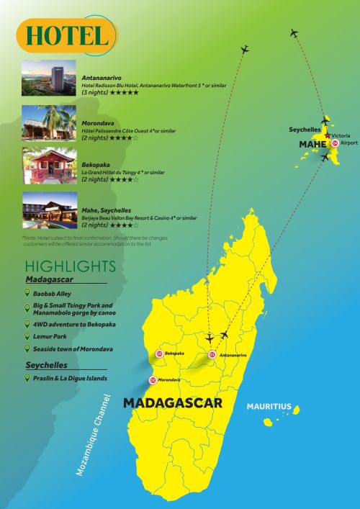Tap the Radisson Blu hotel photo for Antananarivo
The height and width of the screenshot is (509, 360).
point(49,80)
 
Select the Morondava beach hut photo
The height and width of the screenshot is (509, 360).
point(49,122)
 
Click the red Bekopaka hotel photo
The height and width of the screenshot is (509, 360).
point(49,165)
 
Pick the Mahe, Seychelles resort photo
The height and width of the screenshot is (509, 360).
point(49,210)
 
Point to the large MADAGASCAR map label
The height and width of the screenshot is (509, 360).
point(173,403)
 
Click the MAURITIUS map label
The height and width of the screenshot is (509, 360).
point(269,407)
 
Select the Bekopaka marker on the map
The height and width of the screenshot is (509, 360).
point(159,354)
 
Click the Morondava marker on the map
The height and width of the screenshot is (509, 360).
point(153,379)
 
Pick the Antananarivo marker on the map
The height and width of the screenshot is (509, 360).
point(212,355)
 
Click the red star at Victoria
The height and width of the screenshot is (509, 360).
point(328,135)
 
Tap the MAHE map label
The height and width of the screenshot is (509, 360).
point(312,145)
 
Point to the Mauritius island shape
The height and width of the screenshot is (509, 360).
point(268,421)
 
